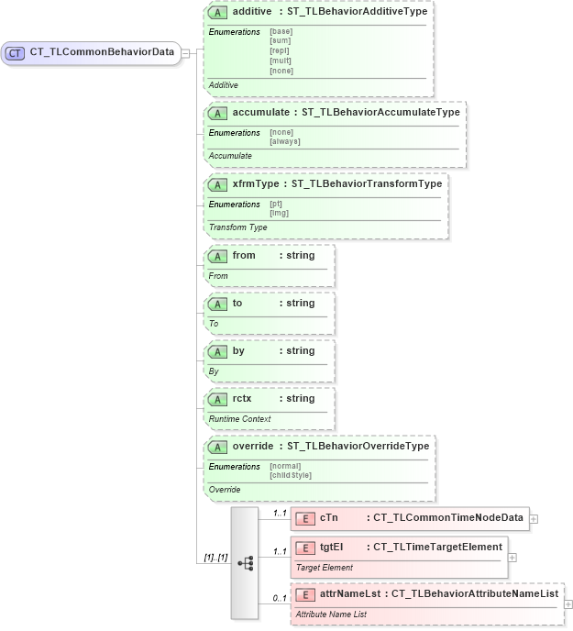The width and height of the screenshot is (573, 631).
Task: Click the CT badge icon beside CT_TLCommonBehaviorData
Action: pyautogui.click(x=15, y=52)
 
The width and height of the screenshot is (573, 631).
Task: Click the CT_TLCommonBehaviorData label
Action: pyautogui.click(x=102, y=52)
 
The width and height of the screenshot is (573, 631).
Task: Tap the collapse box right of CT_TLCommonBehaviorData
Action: pyautogui.click(x=185, y=52)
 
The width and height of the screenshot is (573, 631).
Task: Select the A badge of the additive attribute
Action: pyautogui.click(x=218, y=13)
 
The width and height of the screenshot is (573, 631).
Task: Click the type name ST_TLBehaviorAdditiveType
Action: pyautogui.click(x=357, y=13)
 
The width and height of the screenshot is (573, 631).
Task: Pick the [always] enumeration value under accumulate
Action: pyautogui.click(x=285, y=141)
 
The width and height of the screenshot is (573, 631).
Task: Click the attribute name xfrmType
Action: pyautogui.click(x=255, y=183)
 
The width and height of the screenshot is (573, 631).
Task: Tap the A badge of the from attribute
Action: pyautogui.click(x=218, y=255)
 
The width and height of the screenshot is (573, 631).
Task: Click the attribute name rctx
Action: pyautogui.click(x=242, y=398)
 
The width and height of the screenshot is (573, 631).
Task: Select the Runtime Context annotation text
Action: pyautogui.click(x=237, y=418)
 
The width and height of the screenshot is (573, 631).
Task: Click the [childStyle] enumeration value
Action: pyautogui.click(x=291, y=475)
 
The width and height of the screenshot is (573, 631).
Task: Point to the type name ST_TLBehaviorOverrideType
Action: pyautogui.click(x=358, y=446)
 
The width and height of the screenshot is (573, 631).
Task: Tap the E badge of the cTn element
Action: pyautogui.click(x=305, y=518)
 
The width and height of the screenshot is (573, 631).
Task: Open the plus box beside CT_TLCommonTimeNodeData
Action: pyautogui.click(x=534, y=518)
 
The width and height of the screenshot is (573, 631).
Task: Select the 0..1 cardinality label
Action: pyautogui.click(x=280, y=599)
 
